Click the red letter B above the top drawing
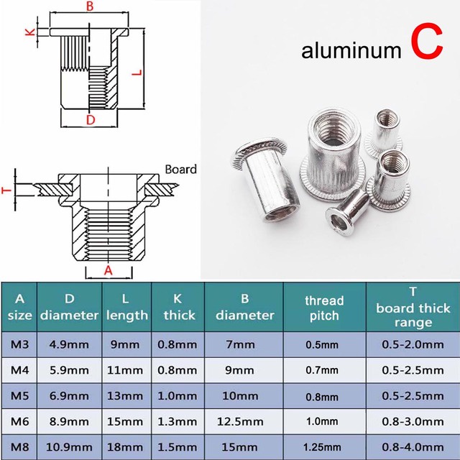[x=89, y=6]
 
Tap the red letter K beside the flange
[x=31, y=32]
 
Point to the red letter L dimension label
[x=137, y=72]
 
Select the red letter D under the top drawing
[x=91, y=120]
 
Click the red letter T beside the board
[x=6, y=190]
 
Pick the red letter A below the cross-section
[x=109, y=270]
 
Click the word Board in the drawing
[x=180, y=170]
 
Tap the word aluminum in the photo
[x=351, y=50]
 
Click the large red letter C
[x=426, y=42]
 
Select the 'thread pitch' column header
[x=324, y=308]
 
